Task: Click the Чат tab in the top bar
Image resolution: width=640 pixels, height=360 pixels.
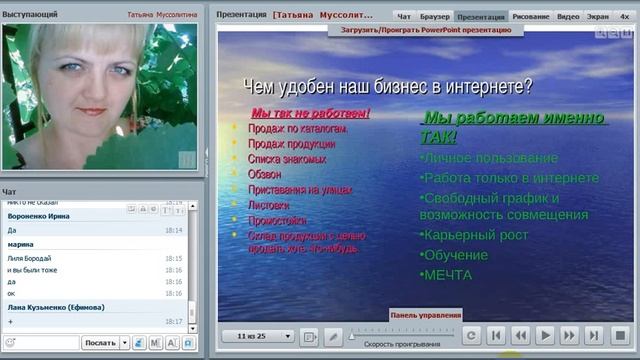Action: pos(404,17)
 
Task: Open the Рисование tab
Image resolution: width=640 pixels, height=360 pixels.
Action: pos(530,17)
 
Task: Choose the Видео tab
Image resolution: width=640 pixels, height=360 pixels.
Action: pos(567,17)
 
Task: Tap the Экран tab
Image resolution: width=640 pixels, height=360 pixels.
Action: pos(597,17)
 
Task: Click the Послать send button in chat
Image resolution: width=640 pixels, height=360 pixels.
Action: pos(101,343)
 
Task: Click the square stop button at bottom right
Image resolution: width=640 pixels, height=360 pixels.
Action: pos(619,336)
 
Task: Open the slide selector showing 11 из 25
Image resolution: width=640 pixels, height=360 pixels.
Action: pos(257,336)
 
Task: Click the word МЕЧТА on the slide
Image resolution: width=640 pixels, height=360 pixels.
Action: pos(447,275)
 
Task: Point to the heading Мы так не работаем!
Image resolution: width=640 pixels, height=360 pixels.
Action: pos(310,113)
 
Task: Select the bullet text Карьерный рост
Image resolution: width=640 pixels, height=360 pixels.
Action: pos(474,235)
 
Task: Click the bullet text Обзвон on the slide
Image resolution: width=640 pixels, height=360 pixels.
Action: pos(265,174)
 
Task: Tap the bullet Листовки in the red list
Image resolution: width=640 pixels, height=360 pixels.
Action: pos(267,204)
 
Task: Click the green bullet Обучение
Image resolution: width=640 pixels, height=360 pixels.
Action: pos(455,255)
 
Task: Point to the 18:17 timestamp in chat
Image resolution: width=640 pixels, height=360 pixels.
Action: pos(173,321)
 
